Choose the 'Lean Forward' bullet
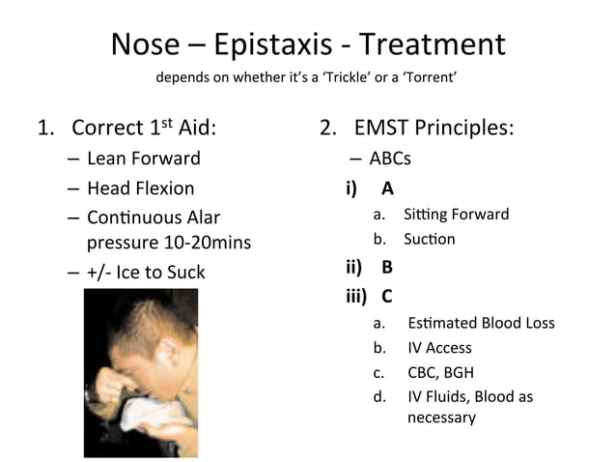(x=144, y=158)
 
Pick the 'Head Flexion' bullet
(x=140, y=188)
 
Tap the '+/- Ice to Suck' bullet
(x=146, y=272)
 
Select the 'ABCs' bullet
(x=390, y=159)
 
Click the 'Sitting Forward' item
(x=456, y=214)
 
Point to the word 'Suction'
(x=430, y=239)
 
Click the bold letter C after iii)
(x=387, y=296)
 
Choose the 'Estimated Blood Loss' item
(x=481, y=323)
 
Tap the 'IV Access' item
(x=439, y=347)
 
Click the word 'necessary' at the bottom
(x=441, y=418)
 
